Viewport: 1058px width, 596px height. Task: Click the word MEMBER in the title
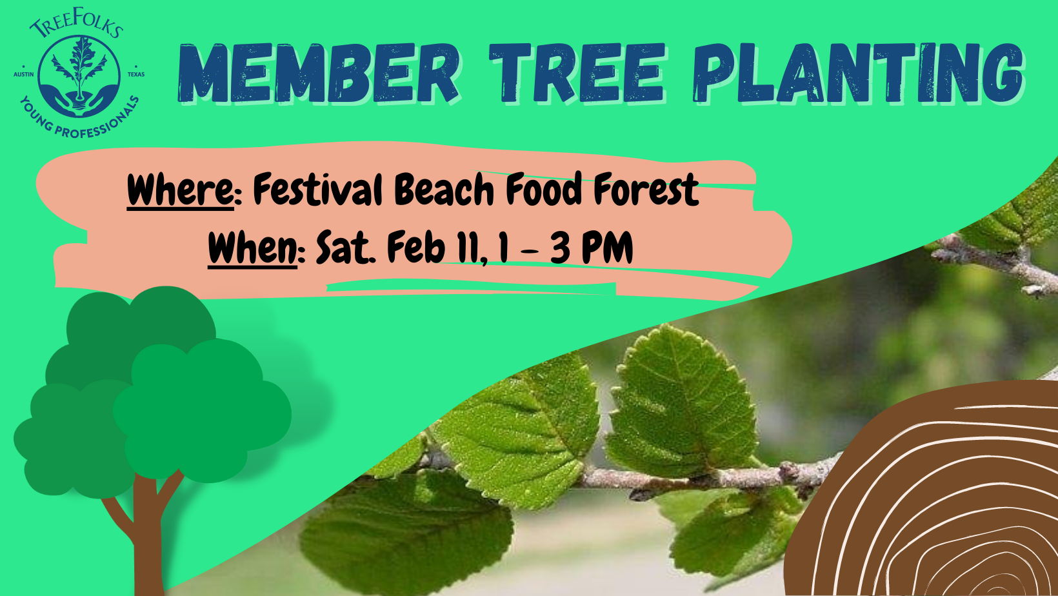click(319, 73)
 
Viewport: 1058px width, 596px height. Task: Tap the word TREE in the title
click(577, 73)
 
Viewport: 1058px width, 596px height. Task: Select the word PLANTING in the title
click(858, 73)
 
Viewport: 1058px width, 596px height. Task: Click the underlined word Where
click(180, 190)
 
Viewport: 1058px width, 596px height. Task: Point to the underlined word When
click(252, 248)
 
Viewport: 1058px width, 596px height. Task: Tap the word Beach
click(444, 189)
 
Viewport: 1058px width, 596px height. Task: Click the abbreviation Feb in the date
click(416, 247)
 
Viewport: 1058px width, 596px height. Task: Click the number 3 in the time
click(560, 247)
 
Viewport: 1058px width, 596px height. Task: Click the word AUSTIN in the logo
click(24, 75)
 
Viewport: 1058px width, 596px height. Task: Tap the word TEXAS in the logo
click(136, 75)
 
